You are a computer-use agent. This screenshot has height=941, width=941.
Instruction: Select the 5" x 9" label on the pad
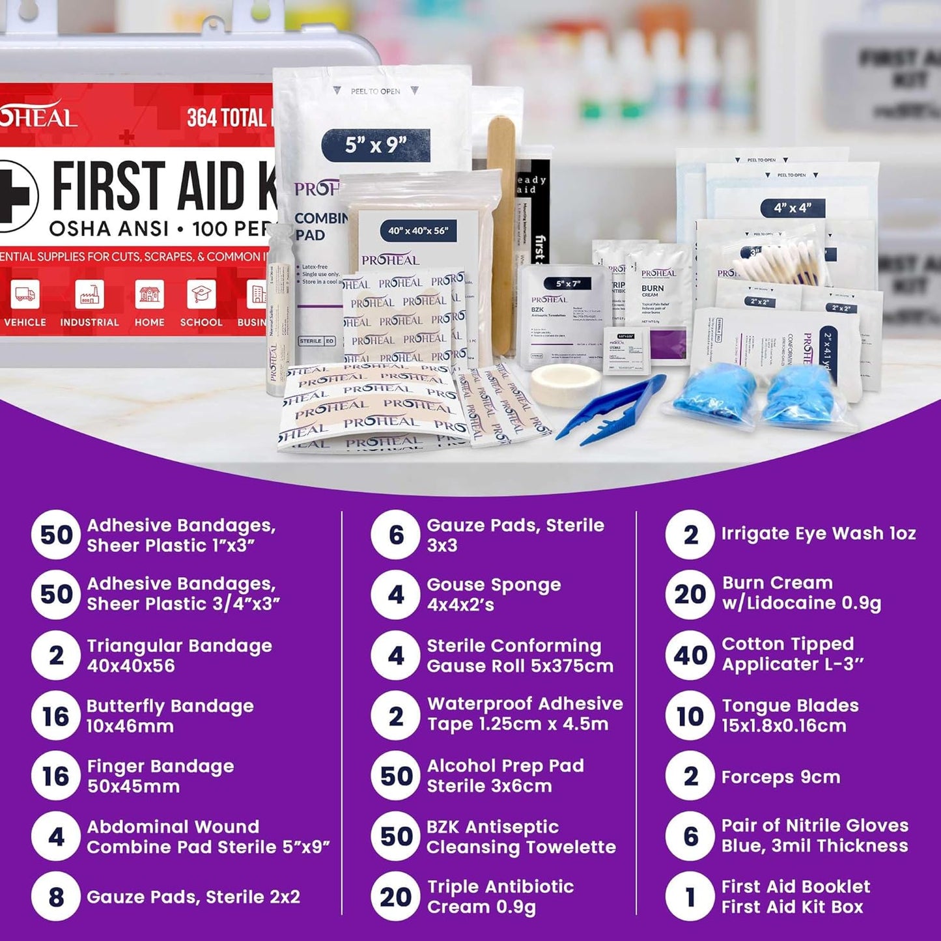click(x=376, y=145)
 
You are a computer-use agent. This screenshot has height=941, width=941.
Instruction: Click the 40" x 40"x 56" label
click(x=418, y=231)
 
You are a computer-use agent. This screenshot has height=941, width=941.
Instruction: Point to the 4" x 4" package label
click(x=793, y=208)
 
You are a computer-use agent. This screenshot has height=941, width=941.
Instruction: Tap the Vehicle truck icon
click(x=25, y=294)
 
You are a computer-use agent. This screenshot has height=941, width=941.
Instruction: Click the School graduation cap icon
click(x=201, y=294)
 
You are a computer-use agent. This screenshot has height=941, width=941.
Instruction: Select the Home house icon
click(x=149, y=294)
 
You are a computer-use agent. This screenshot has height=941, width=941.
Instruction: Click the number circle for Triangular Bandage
click(x=56, y=655)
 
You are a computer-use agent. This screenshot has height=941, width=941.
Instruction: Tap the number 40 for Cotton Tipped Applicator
click(x=690, y=655)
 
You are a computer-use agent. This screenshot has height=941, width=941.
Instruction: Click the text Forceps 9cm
click(x=780, y=777)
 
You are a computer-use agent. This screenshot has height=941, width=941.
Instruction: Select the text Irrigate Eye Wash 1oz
click(x=818, y=533)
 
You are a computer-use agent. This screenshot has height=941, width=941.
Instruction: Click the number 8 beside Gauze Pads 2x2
click(x=56, y=897)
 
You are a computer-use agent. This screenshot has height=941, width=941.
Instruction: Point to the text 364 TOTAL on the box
click(x=227, y=118)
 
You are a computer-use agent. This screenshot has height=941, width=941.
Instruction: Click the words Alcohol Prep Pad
click(x=505, y=766)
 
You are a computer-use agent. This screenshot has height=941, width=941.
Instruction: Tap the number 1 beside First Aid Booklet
click(x=690, y=897)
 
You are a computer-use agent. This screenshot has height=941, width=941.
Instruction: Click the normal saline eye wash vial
click(x=279, y=313)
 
